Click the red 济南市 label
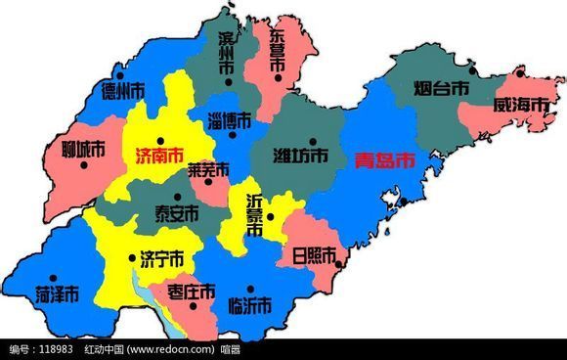point(153,155)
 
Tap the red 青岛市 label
point(383,159)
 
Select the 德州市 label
point(123,90)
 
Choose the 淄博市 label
point(230,121)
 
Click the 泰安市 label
point(177,213)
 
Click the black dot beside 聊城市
point(84,164)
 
